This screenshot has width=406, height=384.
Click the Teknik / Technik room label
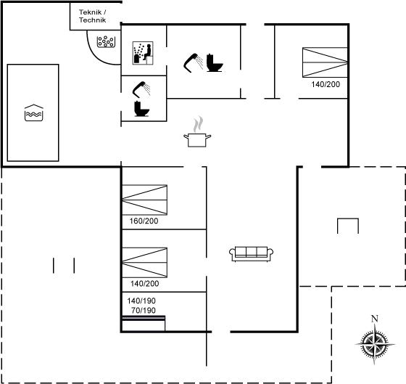[93, 16]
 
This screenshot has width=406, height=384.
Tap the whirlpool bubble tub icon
[106, 42]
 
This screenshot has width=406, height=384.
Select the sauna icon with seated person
[143, 53]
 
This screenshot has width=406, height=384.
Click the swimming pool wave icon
[34, 113]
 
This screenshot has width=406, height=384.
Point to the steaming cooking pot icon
[197, 132]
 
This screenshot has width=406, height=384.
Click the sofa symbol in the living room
[251, 254]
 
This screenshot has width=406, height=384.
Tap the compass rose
[375, 344]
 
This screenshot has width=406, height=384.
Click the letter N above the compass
[375, 319]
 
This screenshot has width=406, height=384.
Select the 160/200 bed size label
[144, 221]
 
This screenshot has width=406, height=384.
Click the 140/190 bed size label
[141, 301]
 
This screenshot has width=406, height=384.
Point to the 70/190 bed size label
[144, 311]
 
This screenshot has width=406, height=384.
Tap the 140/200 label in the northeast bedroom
[326, 84]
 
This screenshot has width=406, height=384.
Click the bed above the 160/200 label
[144, 200]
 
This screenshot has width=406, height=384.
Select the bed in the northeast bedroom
[325, 62]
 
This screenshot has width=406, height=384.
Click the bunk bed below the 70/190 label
[144, 323]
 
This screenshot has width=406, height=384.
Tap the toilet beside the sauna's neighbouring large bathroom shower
[215, 62]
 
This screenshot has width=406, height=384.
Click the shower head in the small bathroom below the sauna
[141, 89]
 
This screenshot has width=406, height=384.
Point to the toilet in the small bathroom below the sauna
[141, 109]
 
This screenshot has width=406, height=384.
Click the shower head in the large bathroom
[194, 62]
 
